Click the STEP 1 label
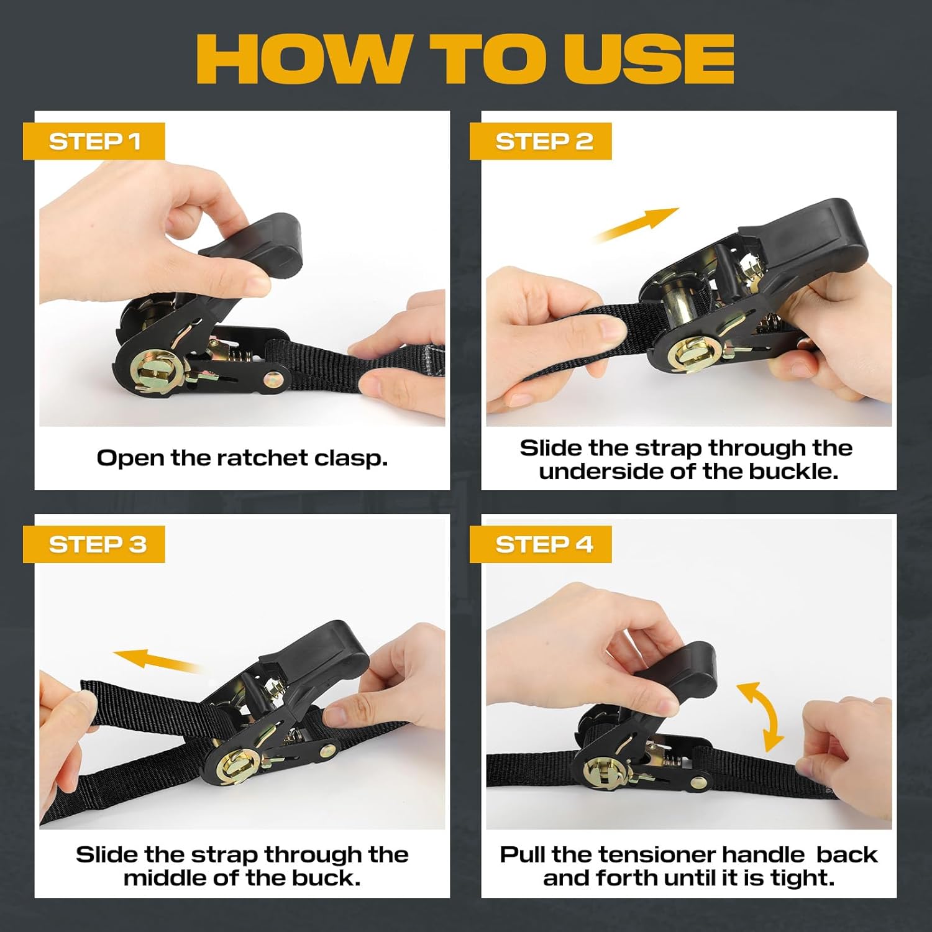pos(94,142)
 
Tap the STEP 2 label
pos(541,142)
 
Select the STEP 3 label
pos(94,544)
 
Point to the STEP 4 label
pos(541,544)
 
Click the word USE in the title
pos(649,58)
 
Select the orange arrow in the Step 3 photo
pos(155,660)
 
